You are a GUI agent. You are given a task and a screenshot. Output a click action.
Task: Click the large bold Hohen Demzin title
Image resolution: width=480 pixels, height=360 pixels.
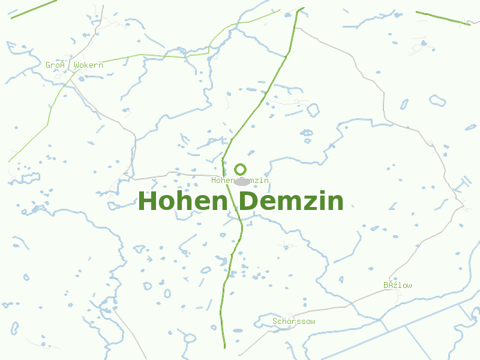pyautogui.click(x=241, y=201)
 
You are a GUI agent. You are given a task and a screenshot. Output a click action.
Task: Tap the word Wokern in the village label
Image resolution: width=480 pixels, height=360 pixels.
pyautogui.click(x=89, y=65)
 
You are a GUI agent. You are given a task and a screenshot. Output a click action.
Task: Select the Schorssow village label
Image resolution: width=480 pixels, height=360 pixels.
pyautogui.click(x=294, y=322)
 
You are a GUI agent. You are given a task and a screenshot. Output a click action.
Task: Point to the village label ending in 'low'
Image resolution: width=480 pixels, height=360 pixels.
pyautogui.click(x=398, y=286)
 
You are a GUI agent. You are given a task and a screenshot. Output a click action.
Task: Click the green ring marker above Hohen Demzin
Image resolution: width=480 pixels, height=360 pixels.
pyautogui.click(x=240, y=169)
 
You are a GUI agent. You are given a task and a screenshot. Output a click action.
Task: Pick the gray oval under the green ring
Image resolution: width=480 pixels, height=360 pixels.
pyautogui.click(x=242, y=181)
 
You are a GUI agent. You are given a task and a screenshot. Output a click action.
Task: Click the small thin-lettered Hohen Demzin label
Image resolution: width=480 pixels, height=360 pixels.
pyautogui.click(x=240, y=180)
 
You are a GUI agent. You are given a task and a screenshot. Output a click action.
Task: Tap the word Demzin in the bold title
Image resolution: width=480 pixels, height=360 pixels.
pyautogui.click(x=291, y=201)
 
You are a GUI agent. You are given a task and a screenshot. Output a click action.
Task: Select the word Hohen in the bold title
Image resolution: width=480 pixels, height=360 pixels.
pyautogui.click(x=182, y=201)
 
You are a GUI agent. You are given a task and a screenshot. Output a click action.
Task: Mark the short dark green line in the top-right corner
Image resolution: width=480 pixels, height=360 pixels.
pyautogui.click(x=443, y=18)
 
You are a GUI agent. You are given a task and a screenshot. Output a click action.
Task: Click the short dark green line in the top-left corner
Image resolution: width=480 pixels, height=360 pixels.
pyautogui.click(x=33, y=9)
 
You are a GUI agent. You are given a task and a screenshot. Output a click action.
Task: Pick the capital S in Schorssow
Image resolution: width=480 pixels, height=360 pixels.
pyautogui.click(x=275, y=322)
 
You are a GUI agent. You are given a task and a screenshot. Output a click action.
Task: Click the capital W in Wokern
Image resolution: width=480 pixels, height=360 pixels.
pyautogui.click(x=76, y=65)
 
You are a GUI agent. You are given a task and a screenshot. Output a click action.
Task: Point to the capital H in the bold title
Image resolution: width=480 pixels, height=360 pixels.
pyautogui.click(x=147, y=201)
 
